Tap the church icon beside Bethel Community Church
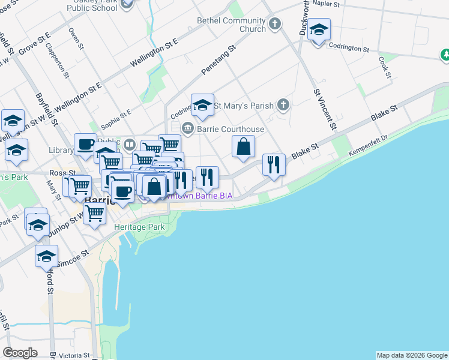coord(275,25)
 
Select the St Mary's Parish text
coord(244,106)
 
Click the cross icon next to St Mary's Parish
coord(283,106)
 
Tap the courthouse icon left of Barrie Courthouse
coord(187,128)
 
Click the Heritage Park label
coord(139,227)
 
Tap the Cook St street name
coord(385,67)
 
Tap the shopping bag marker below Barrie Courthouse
coord(243,147)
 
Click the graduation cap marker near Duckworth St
coord(319,29)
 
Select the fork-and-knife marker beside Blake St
coord(274,164)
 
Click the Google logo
coord(20,353)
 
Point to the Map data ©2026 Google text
coord(411,355)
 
